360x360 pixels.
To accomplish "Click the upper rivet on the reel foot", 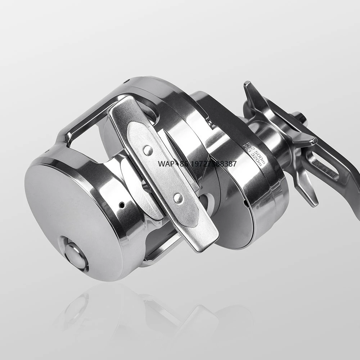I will tap(148, 150).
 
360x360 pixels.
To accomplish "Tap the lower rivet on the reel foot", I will tap(178, 198).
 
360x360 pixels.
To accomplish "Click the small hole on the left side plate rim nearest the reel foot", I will tap(122, 205).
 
